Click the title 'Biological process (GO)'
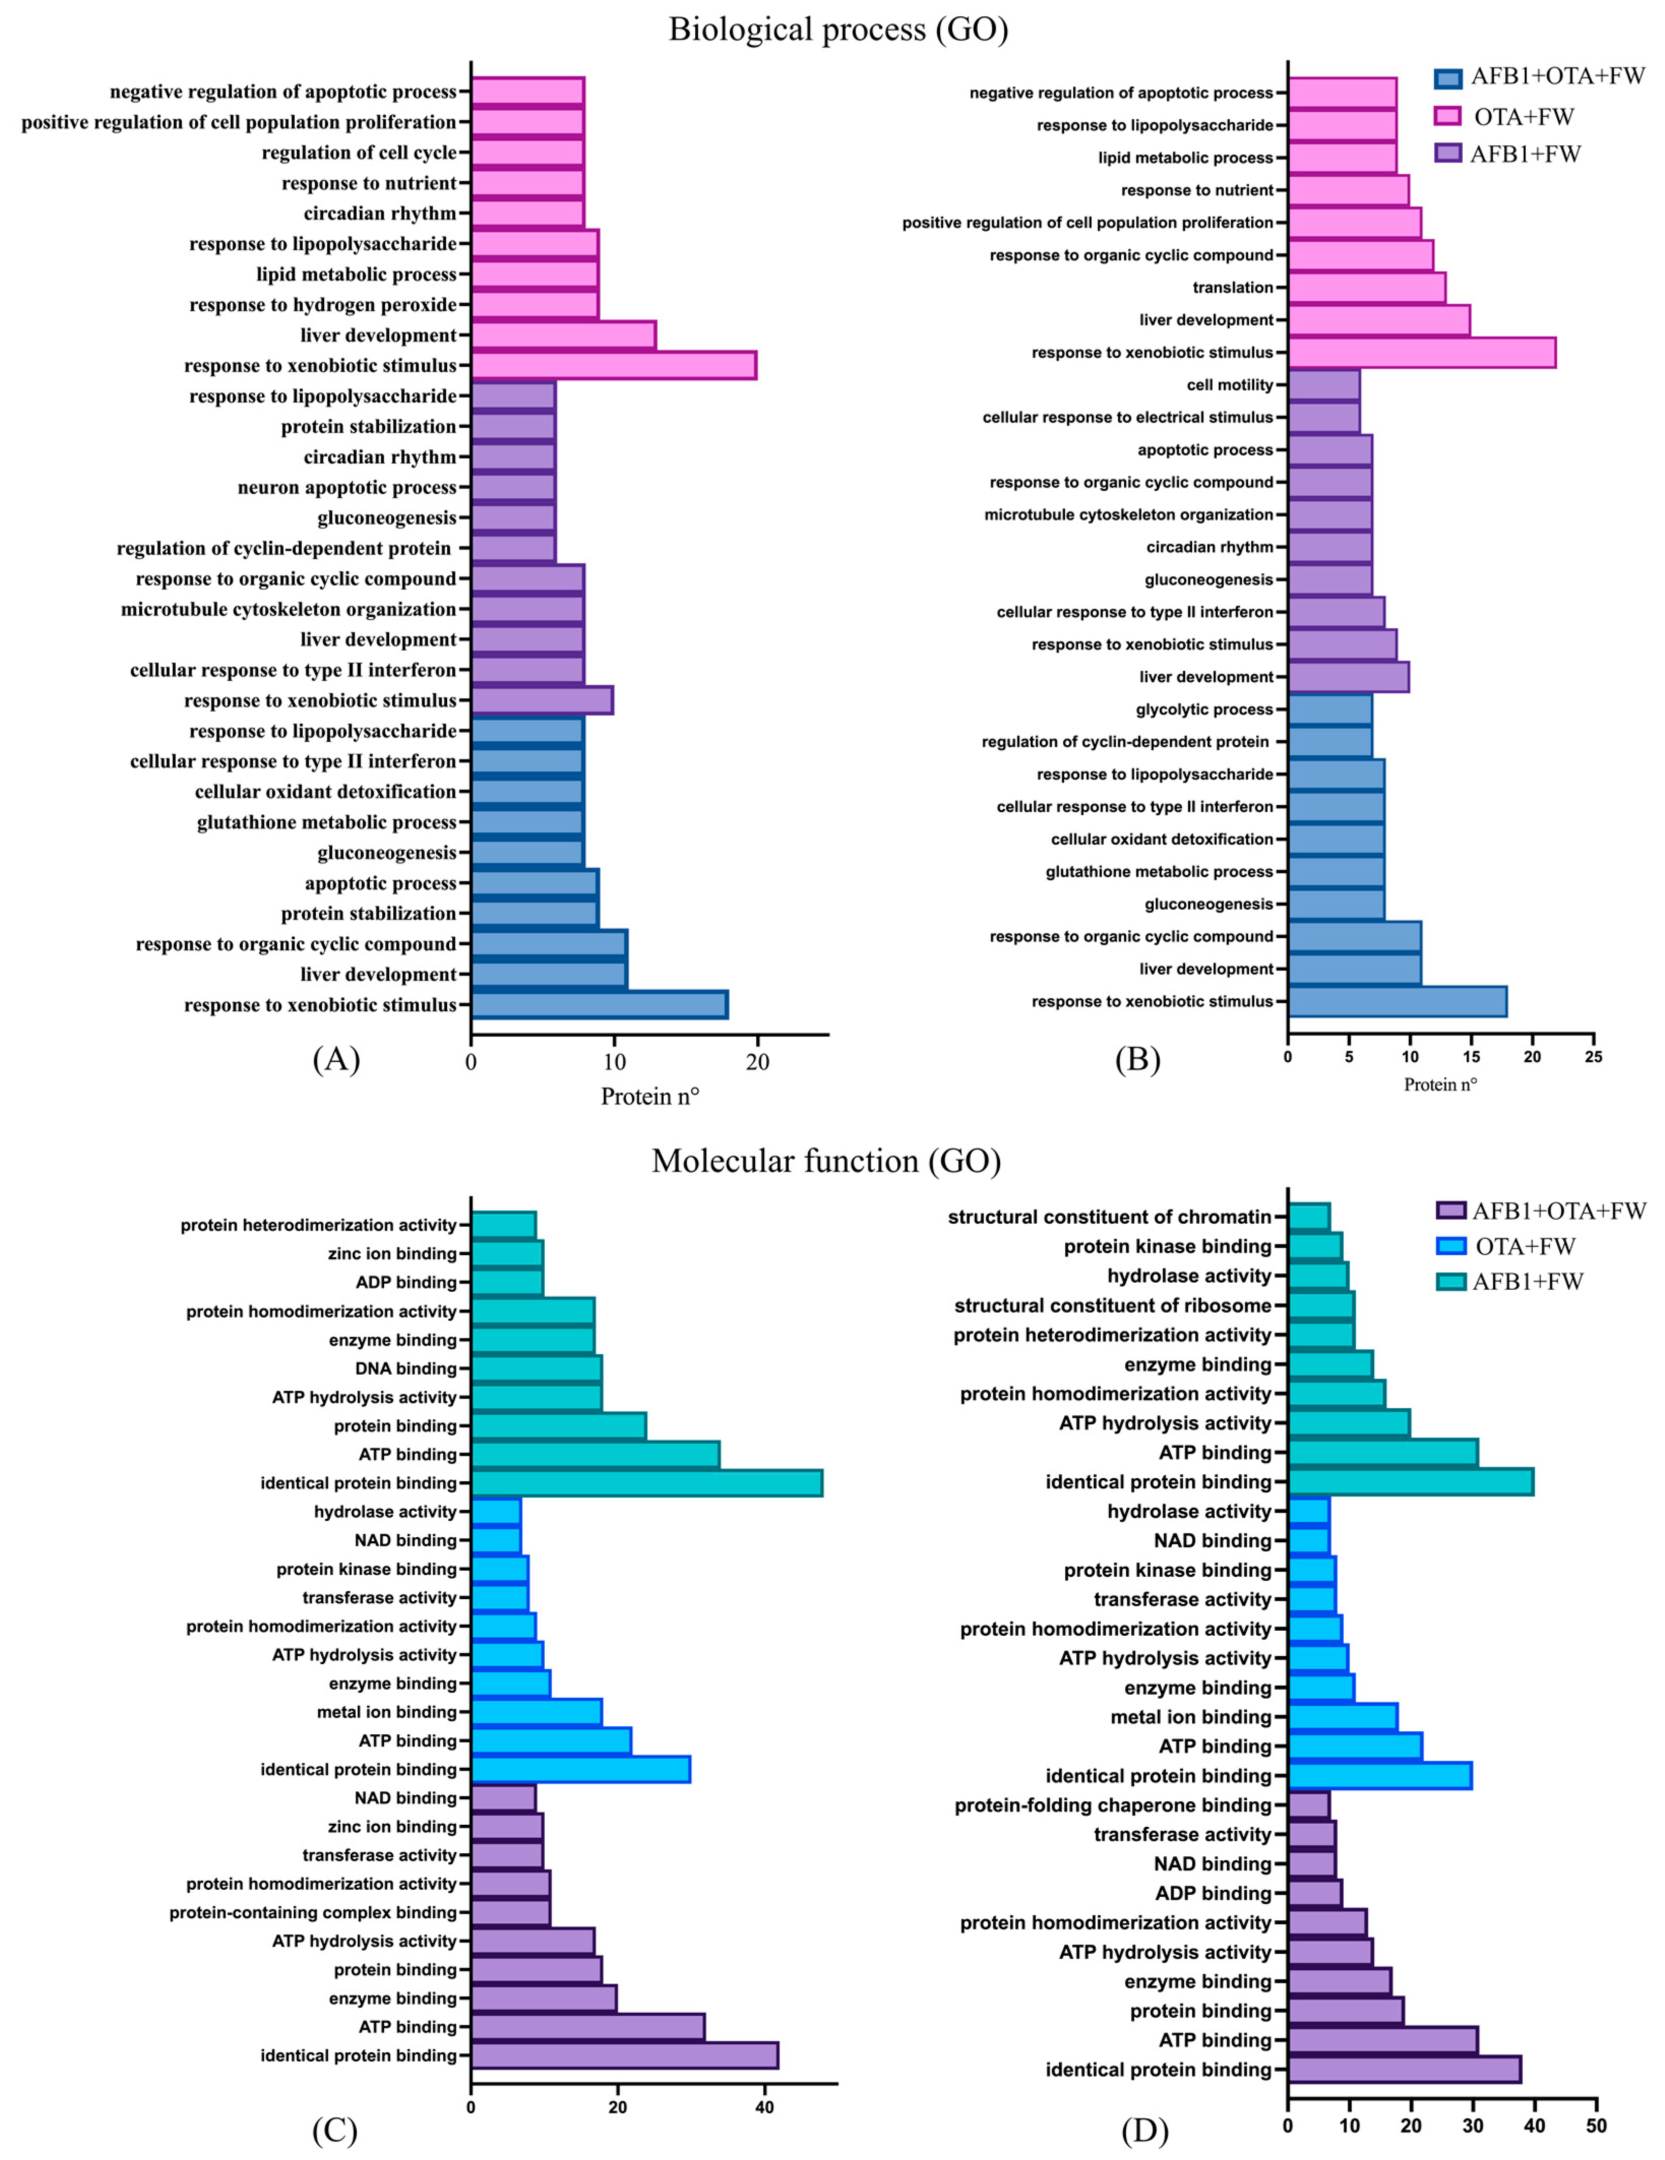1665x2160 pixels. tap(838, 29)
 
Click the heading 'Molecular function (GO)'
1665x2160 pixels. tap(826, 1160)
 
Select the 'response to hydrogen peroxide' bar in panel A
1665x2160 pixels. tap(534, 305)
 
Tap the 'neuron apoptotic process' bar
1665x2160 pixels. tap(512, 488)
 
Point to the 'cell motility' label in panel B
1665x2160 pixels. tap(1230, 385)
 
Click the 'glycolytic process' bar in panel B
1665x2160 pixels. tap(1330, 709)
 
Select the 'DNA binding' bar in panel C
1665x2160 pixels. tap(536, 1369)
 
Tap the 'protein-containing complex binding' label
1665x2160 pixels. tap(313, 1913)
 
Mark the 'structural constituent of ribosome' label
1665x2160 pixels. tap(1112, 1306)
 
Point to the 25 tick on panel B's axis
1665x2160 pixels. tap(1593, 1057)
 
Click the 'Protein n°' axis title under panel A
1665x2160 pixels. tap(650, 1096)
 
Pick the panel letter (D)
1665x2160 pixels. tap(1145, 2132)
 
